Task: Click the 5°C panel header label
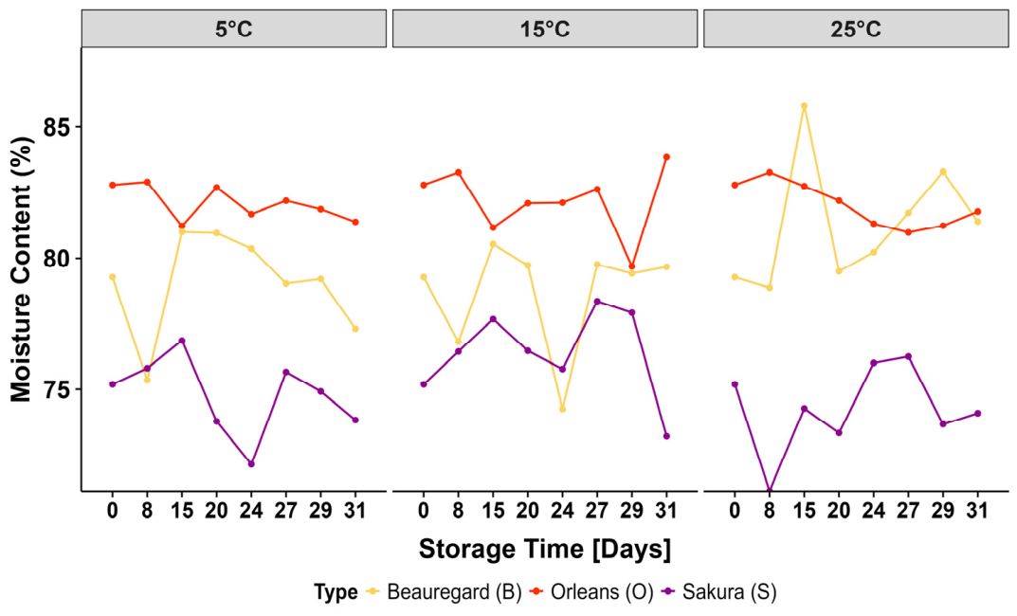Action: point(233,29)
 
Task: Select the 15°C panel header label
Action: point(545,29)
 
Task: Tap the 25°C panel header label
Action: point(856,29)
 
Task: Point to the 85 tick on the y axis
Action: point(57,127)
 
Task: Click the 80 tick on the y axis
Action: point(57,259)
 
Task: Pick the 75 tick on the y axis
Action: point(57,390)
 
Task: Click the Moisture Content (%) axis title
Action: point(21,269)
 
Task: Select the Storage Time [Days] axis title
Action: point(545,550)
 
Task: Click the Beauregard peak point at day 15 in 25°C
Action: point(805,106)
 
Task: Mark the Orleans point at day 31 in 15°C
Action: point(666,157)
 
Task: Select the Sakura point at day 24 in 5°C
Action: point(251,463)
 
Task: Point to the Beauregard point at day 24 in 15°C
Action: point(562,409)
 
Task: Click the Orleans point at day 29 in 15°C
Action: point(632,266)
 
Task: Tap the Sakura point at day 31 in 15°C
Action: point(666,436)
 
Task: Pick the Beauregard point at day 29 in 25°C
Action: point(943,172)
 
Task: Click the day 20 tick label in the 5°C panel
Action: point(217,511)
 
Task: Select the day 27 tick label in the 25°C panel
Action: point(908,511)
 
